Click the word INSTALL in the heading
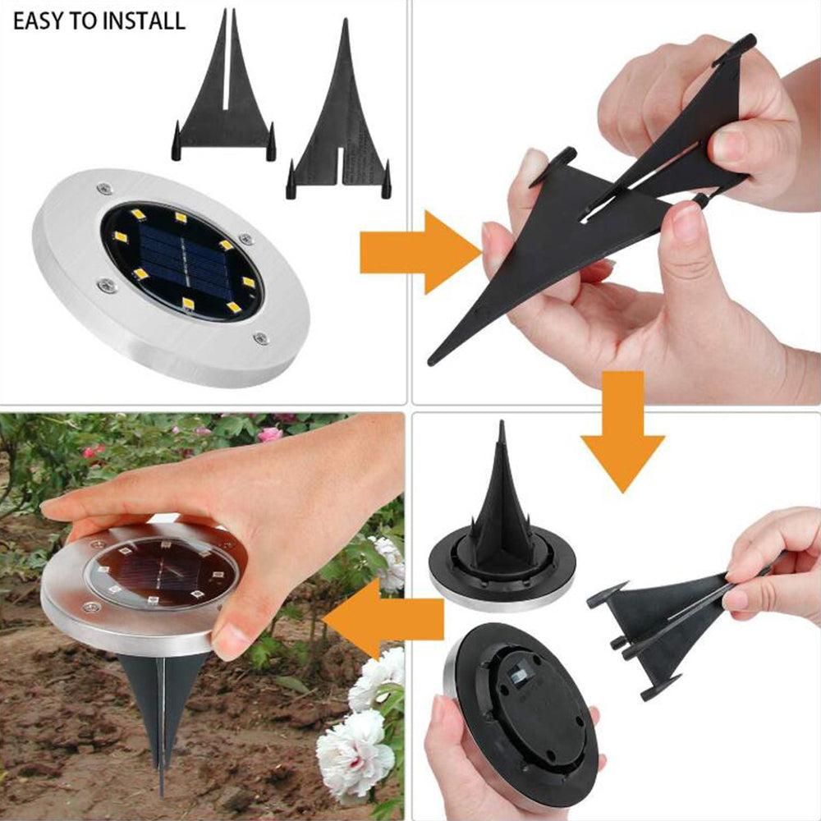click(143, 21)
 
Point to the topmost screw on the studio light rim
click(103, 188)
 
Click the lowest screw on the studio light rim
click(259, 337)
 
